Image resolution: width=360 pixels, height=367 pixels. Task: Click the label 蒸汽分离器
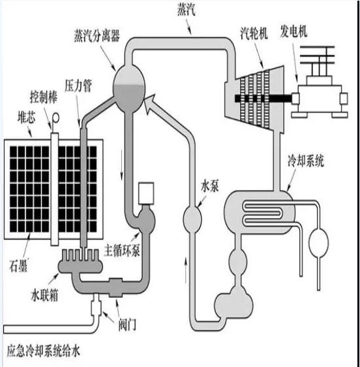pyautogui.click(x=97, y=35)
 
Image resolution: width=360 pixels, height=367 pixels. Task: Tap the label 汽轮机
pyautogui.click(x=254, y=33)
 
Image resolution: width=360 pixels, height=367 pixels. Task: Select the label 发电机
pyautogui.click(x=293, y=31)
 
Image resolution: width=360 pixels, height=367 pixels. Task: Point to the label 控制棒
pyautogui.click(x=44, y=97)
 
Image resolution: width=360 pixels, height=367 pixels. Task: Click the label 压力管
pyautogui.click(x=78, y=86)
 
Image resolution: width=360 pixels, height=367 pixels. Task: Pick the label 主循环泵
pyautogui.click(x=122, y=250)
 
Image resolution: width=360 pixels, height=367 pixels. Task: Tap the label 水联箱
pyautogui.click(x=44, y=295)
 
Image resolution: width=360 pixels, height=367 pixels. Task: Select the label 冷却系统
pyautogui.click(x=306, y=161)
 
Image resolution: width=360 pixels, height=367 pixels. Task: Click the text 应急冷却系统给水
pyautogui.click(x=43, y=351)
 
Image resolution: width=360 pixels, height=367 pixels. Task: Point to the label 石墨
pyautogui.click(x=18, y=266)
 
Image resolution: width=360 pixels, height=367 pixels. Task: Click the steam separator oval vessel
pyautogui.click(x=129, y=88)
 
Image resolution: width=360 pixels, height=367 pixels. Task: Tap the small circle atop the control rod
pyautogui.click(x=56, y=118)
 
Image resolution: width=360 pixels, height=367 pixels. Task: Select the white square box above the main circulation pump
pyautogui.click(x=146, y=193)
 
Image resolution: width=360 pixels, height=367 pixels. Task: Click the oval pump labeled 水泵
pyautogui.click(x=192, y=219)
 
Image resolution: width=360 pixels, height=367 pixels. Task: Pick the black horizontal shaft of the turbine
pyautogui.click(x=263, y=99)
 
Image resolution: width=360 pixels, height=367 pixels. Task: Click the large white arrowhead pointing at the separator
pyautogui.click(x=150, y=104)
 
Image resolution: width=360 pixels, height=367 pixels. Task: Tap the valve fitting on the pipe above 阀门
pyautogui.click(x=115, y=287)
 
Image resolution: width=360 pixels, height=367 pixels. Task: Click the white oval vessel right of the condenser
pyautogui.click(x=318, y=243)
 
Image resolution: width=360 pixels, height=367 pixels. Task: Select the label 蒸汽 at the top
pyautogui.click(x=187, y=10)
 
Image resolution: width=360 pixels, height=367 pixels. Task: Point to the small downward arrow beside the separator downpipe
pyautogui.click(x=121, y=165)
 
